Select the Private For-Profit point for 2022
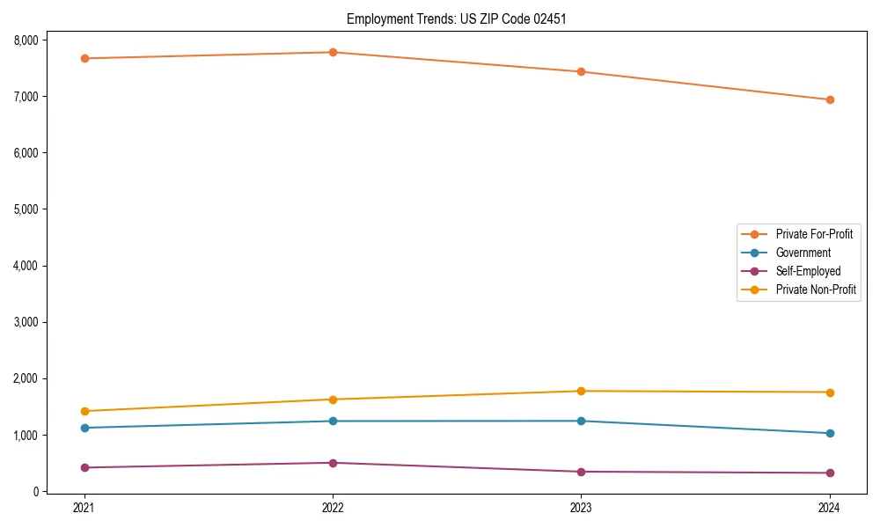click(333, 52)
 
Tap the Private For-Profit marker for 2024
click(830, 99)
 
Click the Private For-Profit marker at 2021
click(84, 58)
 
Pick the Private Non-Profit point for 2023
click(581, 391)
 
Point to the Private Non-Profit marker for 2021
click(84, 411)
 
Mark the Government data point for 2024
click(830, 433)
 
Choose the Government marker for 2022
click(333, 421)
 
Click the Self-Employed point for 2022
click(333, 463)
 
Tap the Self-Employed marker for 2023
click(581, 472)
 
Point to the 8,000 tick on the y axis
click(25, 40)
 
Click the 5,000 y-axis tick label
click(25, 209)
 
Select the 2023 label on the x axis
click(581, 508)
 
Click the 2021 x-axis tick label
click(84, 508)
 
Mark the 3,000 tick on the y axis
click(25, 322)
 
